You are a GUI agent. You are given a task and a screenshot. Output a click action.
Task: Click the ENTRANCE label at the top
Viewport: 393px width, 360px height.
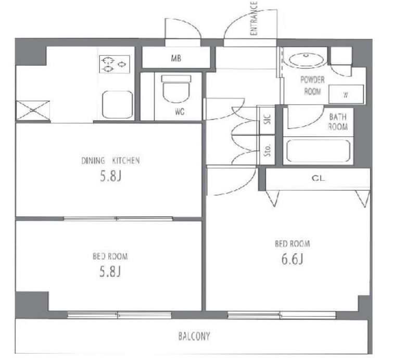tap(253, 18)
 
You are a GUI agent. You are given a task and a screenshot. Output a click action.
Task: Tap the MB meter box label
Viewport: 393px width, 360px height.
tap(176, 58)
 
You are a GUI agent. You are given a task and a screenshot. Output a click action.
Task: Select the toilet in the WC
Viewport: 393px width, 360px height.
tap(176, 88)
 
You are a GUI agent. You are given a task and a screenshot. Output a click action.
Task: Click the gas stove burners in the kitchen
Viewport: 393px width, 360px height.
tap(115, 64)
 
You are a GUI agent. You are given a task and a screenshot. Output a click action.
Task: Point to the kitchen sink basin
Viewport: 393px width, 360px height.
tap(117, 105)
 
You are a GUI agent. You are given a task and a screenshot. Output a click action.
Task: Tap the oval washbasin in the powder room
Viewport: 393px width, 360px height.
tap(306, 60)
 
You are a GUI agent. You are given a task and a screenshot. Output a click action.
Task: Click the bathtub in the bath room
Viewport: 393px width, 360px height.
tap(318, 151)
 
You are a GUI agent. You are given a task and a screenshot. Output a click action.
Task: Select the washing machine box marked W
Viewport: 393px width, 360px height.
tap(346, 94)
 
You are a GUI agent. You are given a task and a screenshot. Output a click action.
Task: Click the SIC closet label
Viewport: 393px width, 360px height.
tap(268, 119)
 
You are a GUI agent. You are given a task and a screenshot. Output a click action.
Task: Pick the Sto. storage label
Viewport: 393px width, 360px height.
tap(268, 150)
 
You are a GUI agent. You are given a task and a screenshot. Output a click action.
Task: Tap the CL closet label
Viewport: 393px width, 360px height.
tap(319, 178)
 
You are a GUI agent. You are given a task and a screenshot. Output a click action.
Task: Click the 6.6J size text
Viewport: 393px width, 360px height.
tap(292, 259)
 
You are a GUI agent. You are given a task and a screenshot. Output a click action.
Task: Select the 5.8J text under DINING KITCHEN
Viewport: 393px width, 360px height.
tap(110, 176)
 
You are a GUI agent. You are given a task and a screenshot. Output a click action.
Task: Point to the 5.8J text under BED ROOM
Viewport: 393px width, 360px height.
tap(110, 272)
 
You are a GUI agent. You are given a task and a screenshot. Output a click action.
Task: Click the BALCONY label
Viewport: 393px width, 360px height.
tap(194, 336)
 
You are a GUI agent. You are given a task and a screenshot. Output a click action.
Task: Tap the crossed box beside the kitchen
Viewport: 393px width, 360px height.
tap(33, 110)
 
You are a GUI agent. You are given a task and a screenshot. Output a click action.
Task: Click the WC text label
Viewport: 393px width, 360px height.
tap(180, 111)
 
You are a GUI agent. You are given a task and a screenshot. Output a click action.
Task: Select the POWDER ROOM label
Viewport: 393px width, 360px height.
tap(312, 86)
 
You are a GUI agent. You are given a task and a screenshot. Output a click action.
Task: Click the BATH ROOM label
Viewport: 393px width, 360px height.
tap(338, 122)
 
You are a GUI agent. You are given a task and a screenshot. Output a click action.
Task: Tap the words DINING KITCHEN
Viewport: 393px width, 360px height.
tap(110, 160)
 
